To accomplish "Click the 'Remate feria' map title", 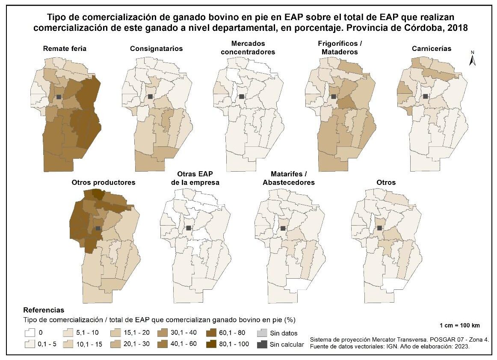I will click(x=65, y=48).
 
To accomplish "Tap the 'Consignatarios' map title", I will click(x=156, y=48).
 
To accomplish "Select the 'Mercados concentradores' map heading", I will click(x=248, y=48).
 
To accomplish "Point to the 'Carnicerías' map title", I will click(x=432, y=48).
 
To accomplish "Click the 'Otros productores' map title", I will click(x=104, y=182).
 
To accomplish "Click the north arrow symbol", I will click(x=473, y=58).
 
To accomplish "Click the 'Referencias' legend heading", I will click(x=44, y=310).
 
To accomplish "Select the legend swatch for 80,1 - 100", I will click(x=210, y=344).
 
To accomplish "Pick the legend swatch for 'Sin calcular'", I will click(x=262, y=344).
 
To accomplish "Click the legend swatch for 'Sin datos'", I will click(x=262, y=333).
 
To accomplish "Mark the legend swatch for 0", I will click(x=30, y=333).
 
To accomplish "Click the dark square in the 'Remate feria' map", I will click(x=59, y=97).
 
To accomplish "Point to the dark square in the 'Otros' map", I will click(x=379, y=228).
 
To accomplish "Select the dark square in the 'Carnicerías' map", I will click(x=425, y=96).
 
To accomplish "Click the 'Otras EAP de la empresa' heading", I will click(x=195, y=178).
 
